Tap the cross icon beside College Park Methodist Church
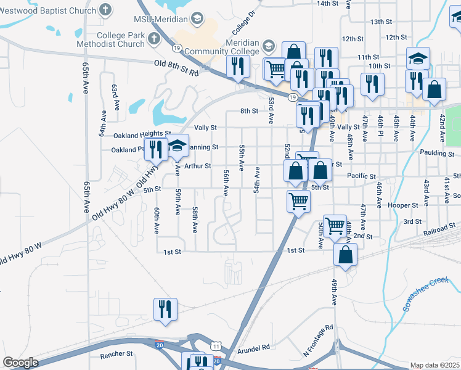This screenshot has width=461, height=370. pos(154,38)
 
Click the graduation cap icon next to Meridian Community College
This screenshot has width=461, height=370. pos(268,46)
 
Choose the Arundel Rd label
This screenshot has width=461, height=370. pos(253,348)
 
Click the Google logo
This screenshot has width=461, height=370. pos(21,363)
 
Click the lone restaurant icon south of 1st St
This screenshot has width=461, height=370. pos(165,310)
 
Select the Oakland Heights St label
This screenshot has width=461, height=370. pos(142,134)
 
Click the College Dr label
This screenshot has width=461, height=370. pos(243,22)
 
